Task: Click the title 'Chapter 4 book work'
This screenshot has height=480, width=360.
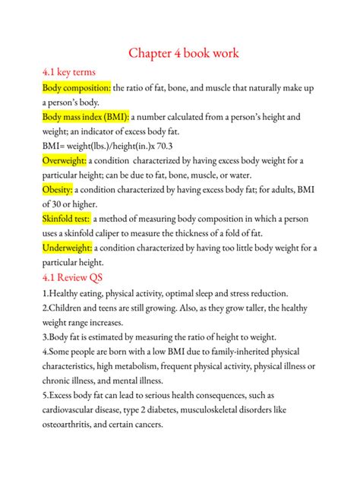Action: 183,53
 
